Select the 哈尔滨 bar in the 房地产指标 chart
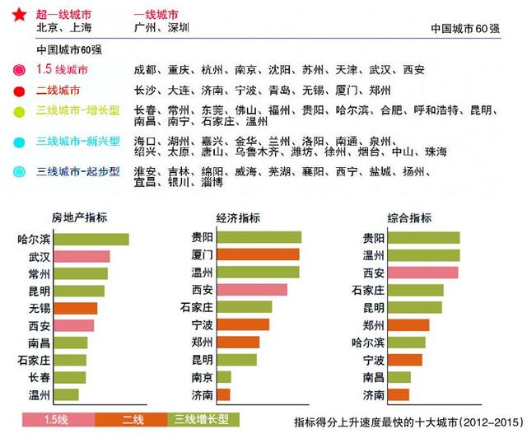[x=91, y=240]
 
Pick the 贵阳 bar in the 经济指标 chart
[x=259, y=237]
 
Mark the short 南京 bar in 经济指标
[x=223, y=377]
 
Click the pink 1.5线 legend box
[x=58, y=420]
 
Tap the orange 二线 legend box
[x=132, y=420]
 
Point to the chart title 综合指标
[x=409, y=218]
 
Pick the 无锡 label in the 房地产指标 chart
[x=39, y=309]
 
